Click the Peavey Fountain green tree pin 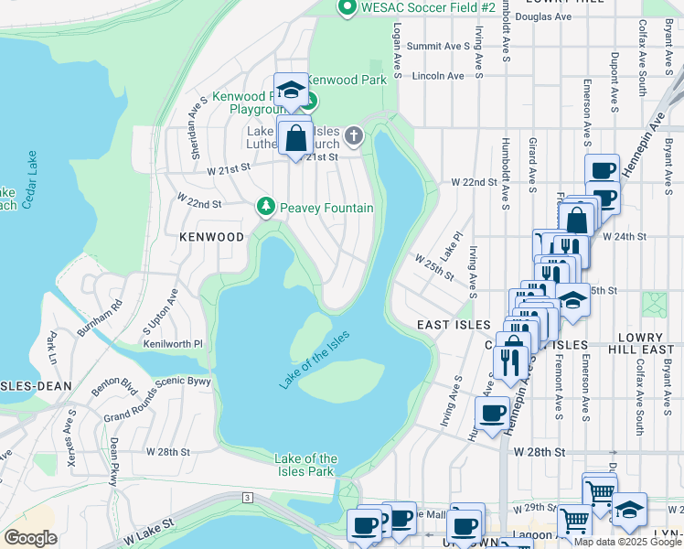pyautogui.click(x=266, y=207)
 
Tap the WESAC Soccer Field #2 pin pyautogui.click(x=347, y=8)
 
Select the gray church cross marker pyautogui.click(x=355, y=137)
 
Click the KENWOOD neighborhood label pyautogui.click(x=212, y=237)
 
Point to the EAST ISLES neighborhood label pyautogui.click(x=449, y=325)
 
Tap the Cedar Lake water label pyautogui.click(x=29, y=179)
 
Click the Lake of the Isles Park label pyautogui.click(x=306, y=465)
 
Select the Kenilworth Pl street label pyautogui.click(x=173, y=344)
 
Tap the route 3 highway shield pyautogui.click(x=247, y=497)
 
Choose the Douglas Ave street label pyautogui.click(x=543, y=16)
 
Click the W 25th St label pyautogui.click(x=433, y=266)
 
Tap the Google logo pyautogui.click(x=31, y=538)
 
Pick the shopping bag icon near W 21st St pyautogui.click(x=296, y=140)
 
